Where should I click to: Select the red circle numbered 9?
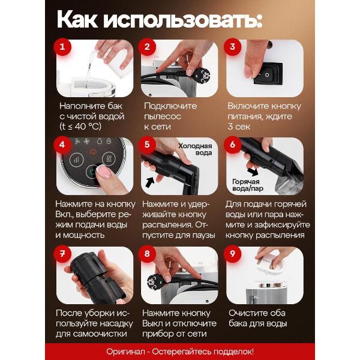(x=233, y=254)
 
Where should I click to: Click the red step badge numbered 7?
(x=61, y=254)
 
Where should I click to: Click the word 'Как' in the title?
(x=76, y=19)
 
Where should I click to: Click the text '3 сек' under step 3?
(x=241, y=127)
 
